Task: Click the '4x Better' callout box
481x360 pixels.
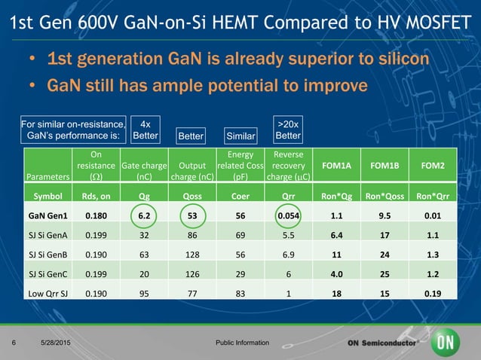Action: (x=145, y=130)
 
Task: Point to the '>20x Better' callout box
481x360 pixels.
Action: (x=288, y=130)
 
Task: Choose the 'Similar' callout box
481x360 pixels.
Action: (x=240, y=136)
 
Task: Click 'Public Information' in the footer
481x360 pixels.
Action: (x=241, y=343)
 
